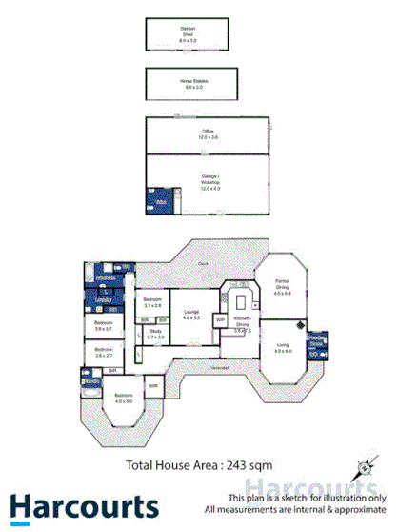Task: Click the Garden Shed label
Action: pyautogui.click(x=188, y=31)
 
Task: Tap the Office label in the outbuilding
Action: pyautogui.click(x=208, y=132)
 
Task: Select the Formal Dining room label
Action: pyautogui.click(x=282, y=285)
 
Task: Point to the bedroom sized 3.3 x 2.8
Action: pyautogui.click(x=152, y=301)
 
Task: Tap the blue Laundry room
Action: pyautogui.click(x=103, y=298)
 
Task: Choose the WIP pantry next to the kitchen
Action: pyautogui.click(x=219, y=319)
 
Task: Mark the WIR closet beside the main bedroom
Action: pyautogui.click(x=152, y=384)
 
